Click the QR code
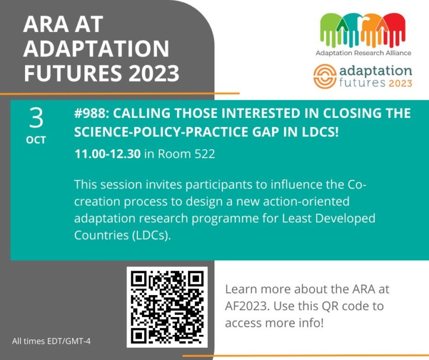[167, 307]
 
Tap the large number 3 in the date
[36, 118]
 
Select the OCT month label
[36, 140]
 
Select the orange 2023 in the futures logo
[398, 84]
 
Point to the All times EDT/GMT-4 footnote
[51, 341]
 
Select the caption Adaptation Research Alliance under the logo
[363, 53]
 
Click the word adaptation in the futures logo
[375, 71]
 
